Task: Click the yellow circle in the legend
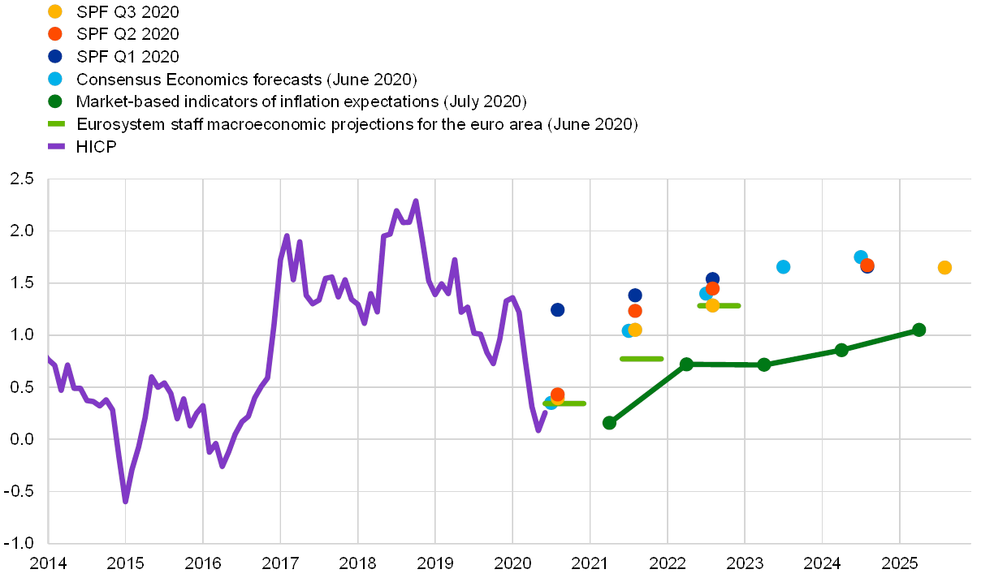pos(55,11)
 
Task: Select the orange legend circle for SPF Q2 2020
pos(55,34)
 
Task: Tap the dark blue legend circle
pos(55,57)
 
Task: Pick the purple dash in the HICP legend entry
pos(56,147)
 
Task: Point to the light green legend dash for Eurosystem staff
pos(56,124)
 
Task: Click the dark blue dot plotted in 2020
pos(557,309)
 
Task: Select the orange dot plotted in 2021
pos(635,311)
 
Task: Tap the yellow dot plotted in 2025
pos(944,268)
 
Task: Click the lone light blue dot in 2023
pos(784,267)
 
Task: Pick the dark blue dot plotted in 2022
pos(713,279)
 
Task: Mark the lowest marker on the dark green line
pos(609,422)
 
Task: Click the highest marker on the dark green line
pos(919,330)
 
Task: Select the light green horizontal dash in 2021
pos(642,358)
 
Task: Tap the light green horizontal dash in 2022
pos(719,305)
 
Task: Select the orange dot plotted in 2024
pos(867,265)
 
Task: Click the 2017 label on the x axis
pos(281,563)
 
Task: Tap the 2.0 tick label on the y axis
pos(22,231)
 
